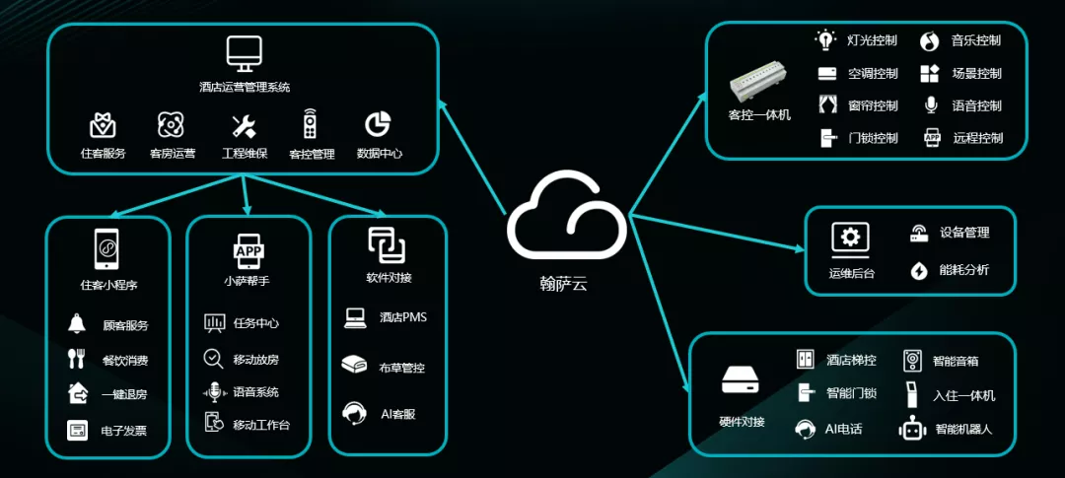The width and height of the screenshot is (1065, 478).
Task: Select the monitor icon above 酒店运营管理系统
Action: (x=244, y=53)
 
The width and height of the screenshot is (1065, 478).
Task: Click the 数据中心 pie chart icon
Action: (x=379, y=124)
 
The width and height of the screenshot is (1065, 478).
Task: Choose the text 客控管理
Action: (x=312, y=154)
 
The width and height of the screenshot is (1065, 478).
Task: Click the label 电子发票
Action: (x=124, y=431)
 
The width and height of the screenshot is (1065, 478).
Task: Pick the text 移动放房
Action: (x=256, y=360)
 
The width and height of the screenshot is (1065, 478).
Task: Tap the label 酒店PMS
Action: (x=403, y=317)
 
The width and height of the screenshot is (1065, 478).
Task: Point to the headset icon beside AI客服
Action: (x=354, y=413)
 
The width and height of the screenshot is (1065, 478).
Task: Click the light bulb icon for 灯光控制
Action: (x=825, y=40)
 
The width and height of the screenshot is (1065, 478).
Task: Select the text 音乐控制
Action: (x=976, y=40)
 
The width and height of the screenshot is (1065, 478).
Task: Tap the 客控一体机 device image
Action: (x=760, y=88)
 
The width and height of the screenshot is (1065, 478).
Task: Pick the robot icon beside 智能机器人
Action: (x=911, y=429)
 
